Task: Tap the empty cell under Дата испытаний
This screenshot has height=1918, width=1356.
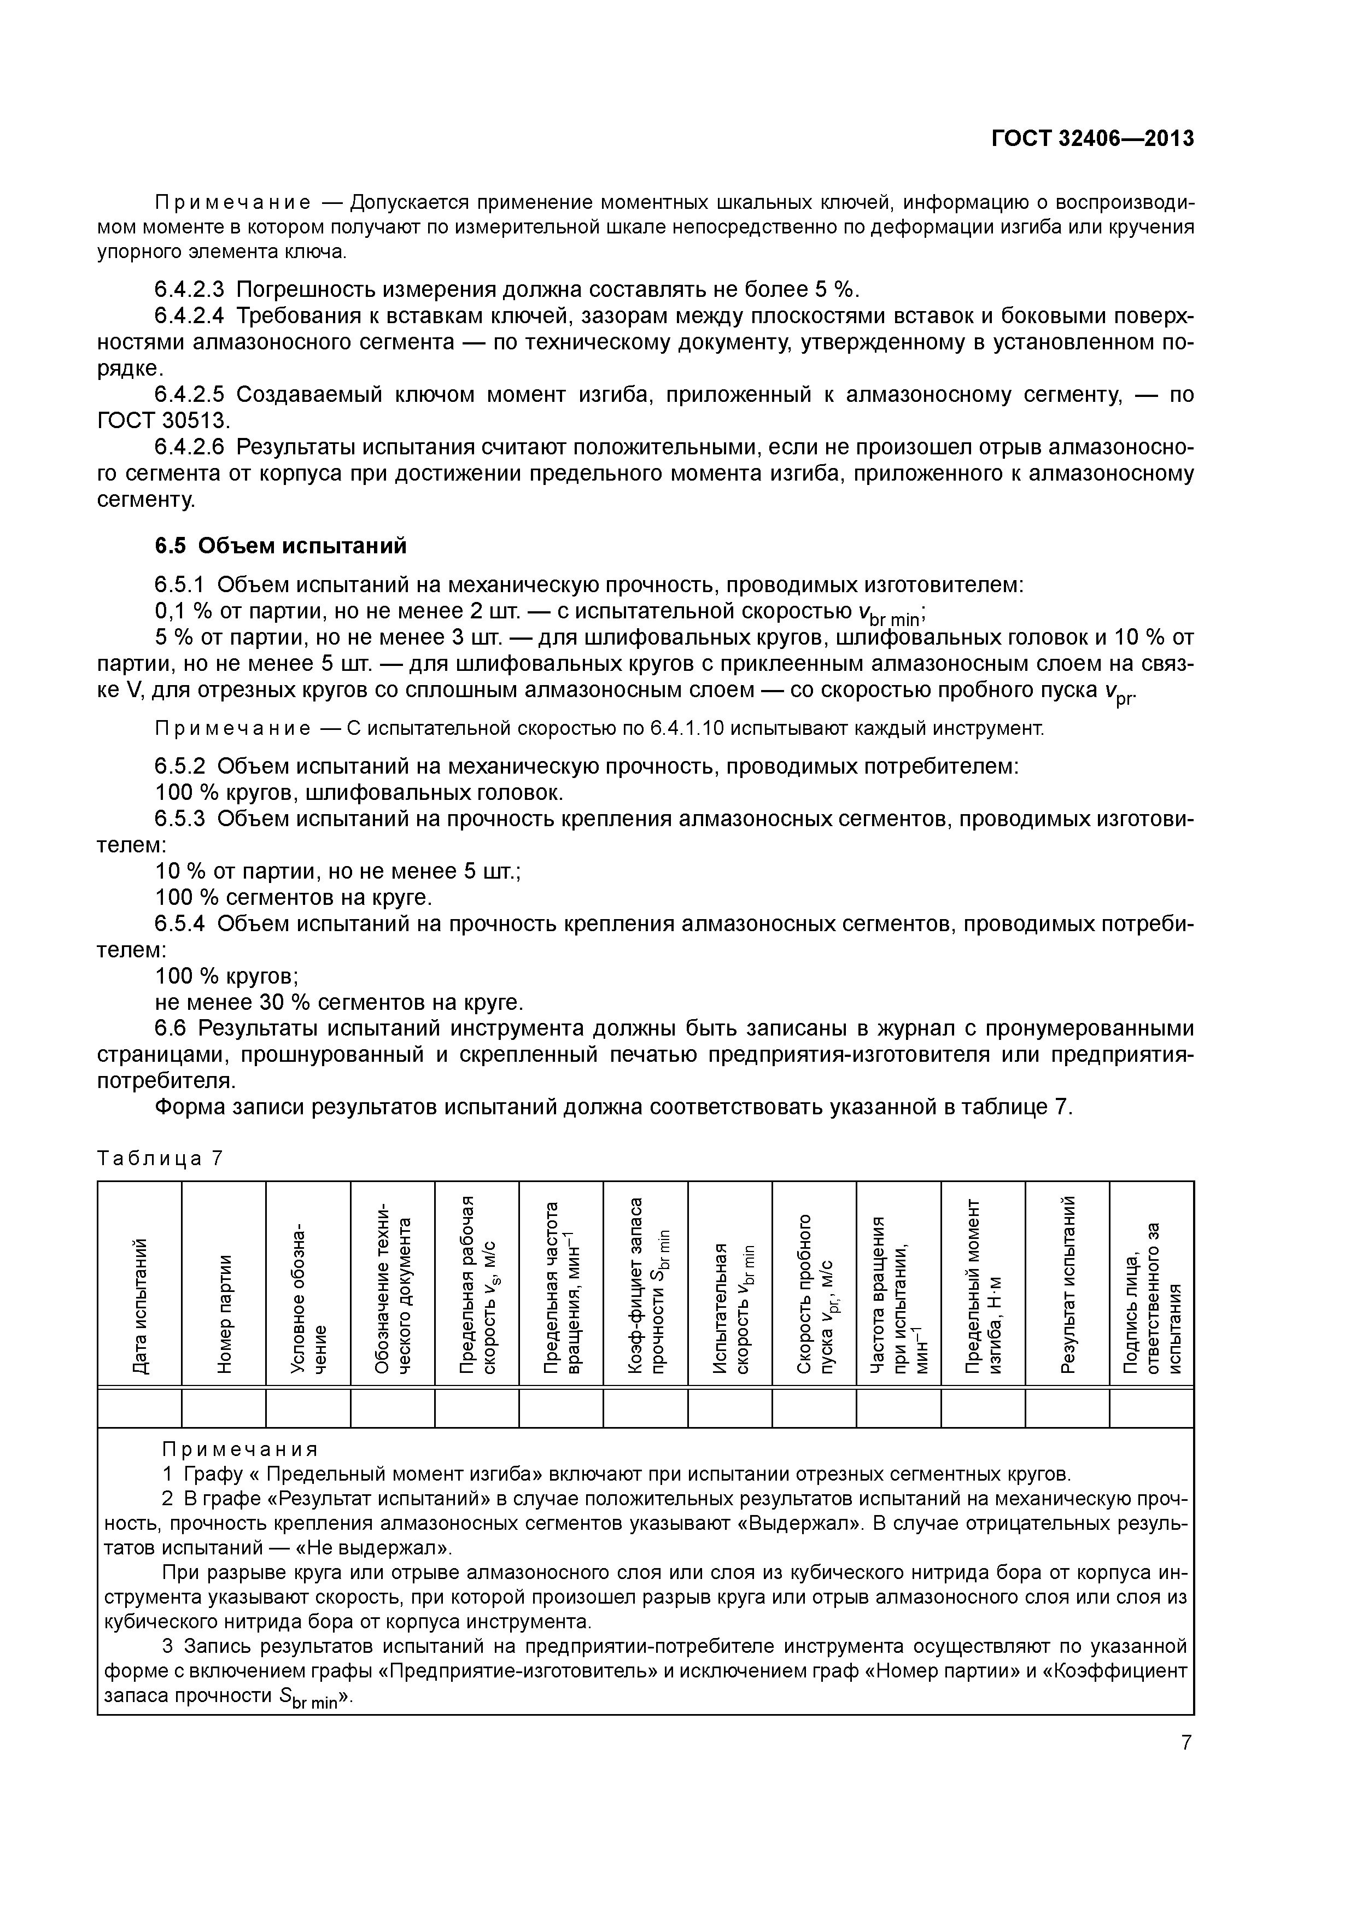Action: pyautogui.click(x=141, y=1408)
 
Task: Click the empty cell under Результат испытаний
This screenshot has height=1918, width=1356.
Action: pyautogui.click(x=1067, y=1408)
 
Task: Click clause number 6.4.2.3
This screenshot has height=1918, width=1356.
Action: pyautogui.click(x=190, y=290)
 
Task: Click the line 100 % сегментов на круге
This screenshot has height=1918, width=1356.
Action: pyautogui.click(x=294, y=898)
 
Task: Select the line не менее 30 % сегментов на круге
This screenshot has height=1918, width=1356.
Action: pyautogui.click(x=339, y=1002)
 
